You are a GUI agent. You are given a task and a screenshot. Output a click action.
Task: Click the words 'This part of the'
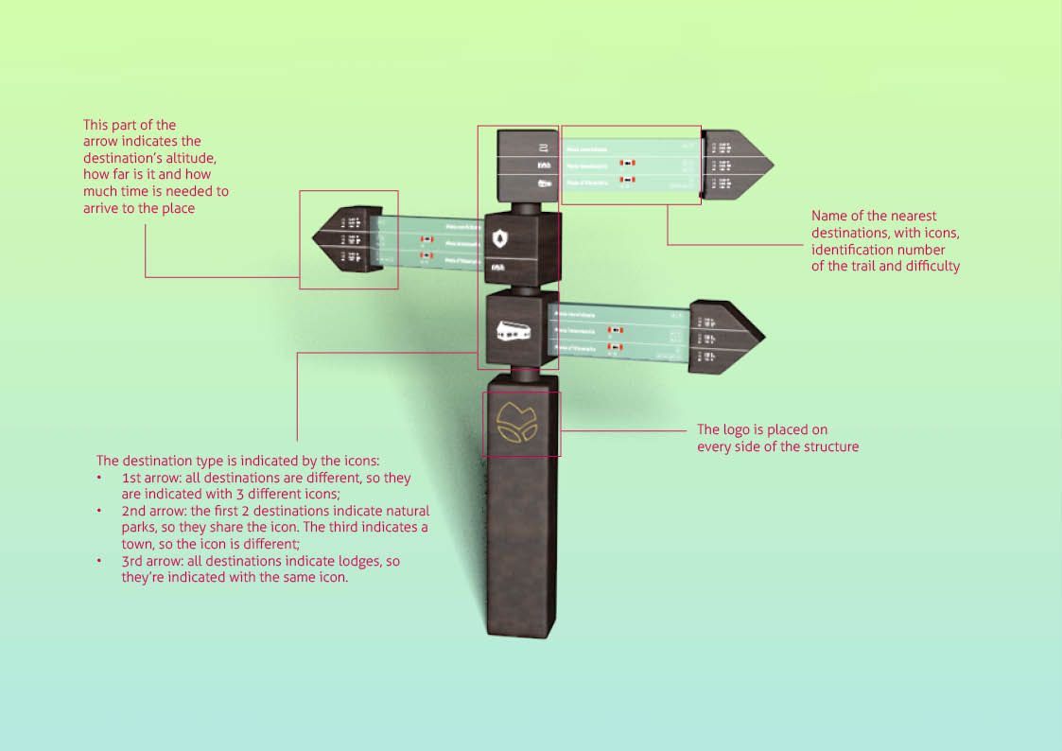click(x=130, y=125)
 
